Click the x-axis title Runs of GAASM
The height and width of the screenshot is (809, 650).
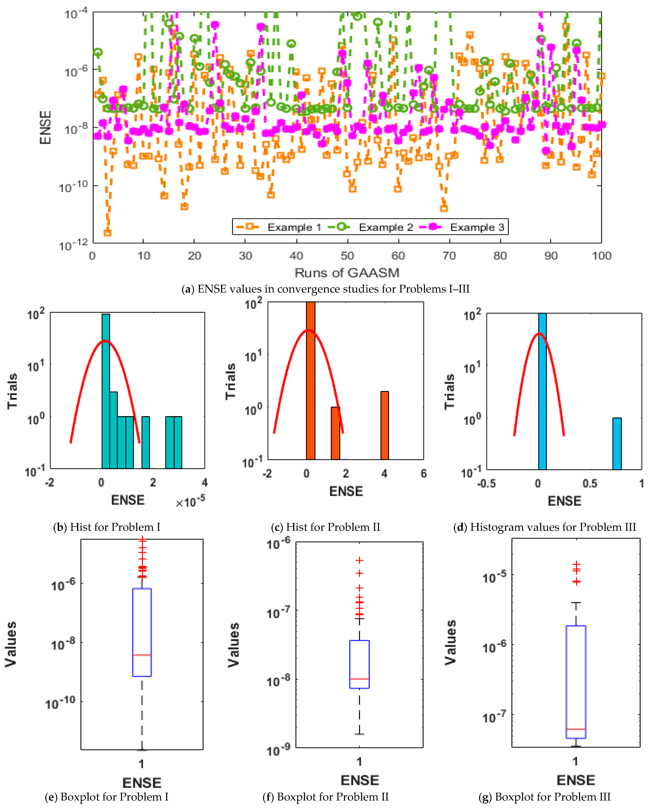[347, 273]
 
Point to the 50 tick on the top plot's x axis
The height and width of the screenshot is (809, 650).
[347, 256]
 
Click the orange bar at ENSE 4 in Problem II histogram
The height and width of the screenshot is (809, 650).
[385, 425]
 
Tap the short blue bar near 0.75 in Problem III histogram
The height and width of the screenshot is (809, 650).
[617, 444]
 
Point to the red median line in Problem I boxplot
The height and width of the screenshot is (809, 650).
[142, 655]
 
